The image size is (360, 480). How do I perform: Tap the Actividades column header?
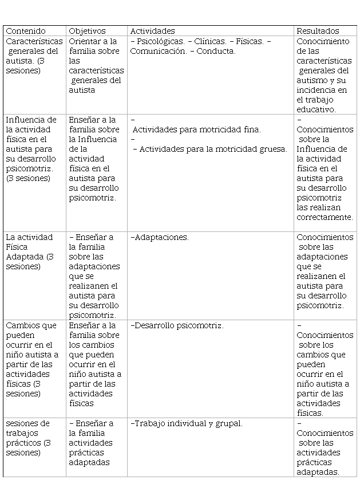pos(152,31)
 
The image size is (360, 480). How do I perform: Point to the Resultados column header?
pos(318,31)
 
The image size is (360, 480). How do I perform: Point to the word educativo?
pos(315,109)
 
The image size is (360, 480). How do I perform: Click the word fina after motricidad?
pos(251,129)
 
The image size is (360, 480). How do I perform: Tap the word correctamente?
pos(325,217)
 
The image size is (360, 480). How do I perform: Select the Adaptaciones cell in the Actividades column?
pos(160,237)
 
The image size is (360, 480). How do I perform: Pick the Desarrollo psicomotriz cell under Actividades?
pos(177,325)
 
